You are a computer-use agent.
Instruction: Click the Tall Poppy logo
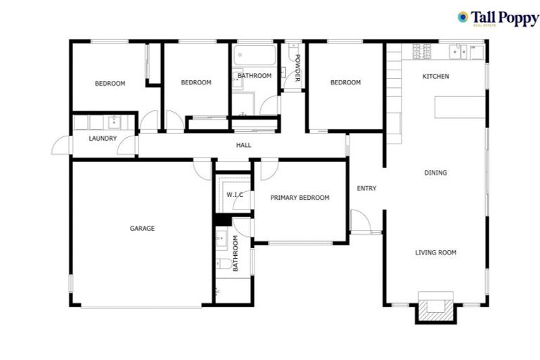(497, 18)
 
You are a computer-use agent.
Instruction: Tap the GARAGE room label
(142, 229)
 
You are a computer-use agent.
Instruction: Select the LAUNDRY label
(103, 139)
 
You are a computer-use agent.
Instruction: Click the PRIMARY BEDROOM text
(300, 198)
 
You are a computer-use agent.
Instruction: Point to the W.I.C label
(234, 195)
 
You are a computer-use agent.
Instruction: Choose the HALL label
(243, 146)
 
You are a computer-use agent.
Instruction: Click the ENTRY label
(366, 188)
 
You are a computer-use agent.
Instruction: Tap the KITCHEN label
(435, 76)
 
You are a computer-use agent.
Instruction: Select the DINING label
(435, 172)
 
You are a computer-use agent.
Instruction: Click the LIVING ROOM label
(435, 252)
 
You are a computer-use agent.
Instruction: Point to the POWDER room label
(297, 68)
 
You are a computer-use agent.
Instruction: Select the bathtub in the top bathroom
(255, 56)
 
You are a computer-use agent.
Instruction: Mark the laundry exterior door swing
(60, 146)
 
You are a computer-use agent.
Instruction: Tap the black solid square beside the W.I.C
(218, 220)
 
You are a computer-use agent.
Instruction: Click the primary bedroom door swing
(267, 169)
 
